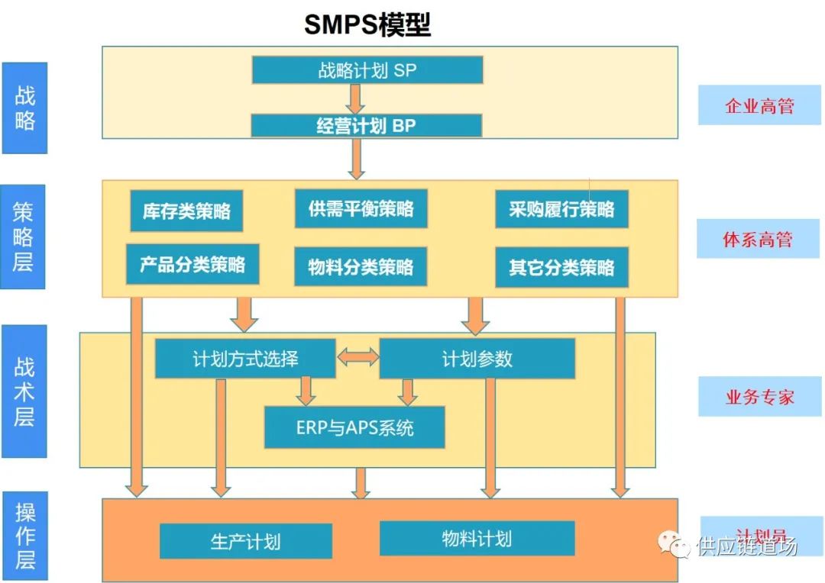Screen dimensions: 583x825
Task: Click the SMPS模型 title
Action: [367, 24]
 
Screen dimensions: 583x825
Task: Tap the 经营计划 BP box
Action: [366, 126]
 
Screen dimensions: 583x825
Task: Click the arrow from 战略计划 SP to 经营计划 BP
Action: [355, 98]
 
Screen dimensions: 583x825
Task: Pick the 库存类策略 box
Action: [186, 211]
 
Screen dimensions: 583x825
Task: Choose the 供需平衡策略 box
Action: [361, 208]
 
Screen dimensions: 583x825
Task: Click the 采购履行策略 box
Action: [561, 209]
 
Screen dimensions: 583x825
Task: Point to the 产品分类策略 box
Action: [192, 265]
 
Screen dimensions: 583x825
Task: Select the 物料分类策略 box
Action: [361, 266]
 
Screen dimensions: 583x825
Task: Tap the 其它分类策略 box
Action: [561, 267]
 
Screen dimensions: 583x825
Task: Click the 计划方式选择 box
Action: [245, 359]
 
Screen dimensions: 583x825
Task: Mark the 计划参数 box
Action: [477, 359]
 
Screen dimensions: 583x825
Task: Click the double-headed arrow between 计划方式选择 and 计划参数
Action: [357, 356]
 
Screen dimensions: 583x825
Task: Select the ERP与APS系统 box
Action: [354, 427]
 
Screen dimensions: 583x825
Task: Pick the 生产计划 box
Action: [245, 541]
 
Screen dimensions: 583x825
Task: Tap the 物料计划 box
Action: [477, 539]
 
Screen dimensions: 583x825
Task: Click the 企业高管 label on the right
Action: [759, 106]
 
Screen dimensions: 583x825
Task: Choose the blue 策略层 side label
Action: [23, 236]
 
